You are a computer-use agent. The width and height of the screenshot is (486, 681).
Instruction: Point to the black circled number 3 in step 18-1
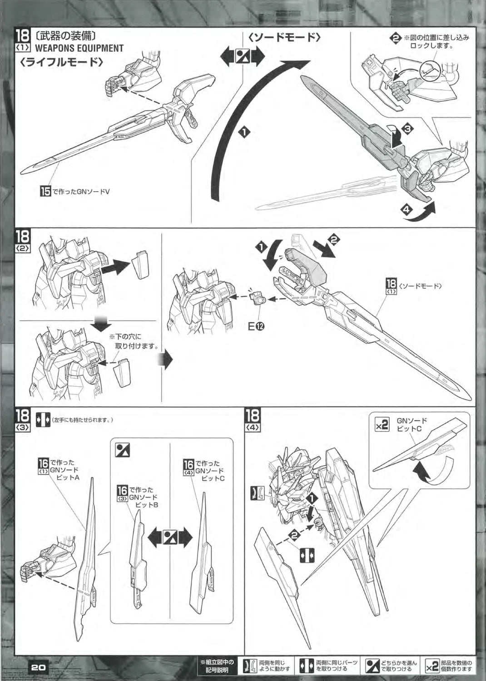407,129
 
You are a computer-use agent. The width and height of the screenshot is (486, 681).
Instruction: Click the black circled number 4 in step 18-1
406,210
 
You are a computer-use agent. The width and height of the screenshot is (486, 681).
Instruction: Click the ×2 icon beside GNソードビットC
382,425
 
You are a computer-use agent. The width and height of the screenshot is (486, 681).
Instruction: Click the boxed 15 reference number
45,192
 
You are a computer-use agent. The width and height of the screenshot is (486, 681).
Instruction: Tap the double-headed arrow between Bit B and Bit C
170,538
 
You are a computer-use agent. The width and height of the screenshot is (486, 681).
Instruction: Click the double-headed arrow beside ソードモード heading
242,58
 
